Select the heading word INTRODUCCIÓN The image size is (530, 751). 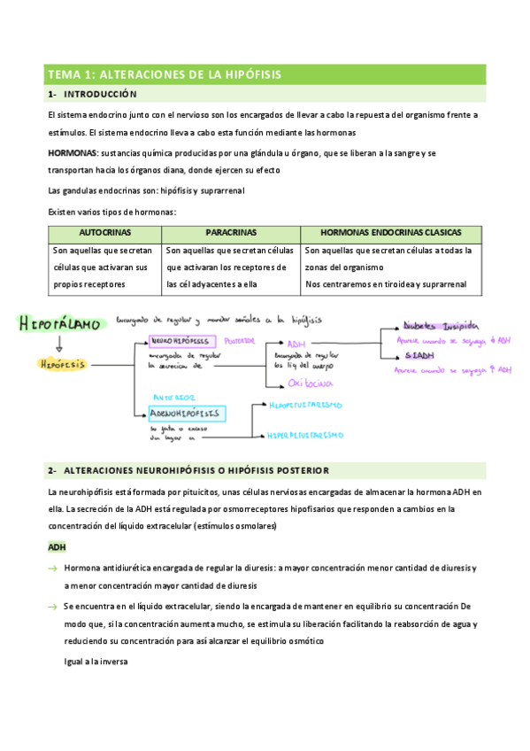pos(101,94)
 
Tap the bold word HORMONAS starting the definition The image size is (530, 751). pos(73,153)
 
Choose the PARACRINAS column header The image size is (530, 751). pos(231,232)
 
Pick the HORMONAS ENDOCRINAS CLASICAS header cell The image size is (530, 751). pos(390,232)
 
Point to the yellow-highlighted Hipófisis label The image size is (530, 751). pos(62,363)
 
